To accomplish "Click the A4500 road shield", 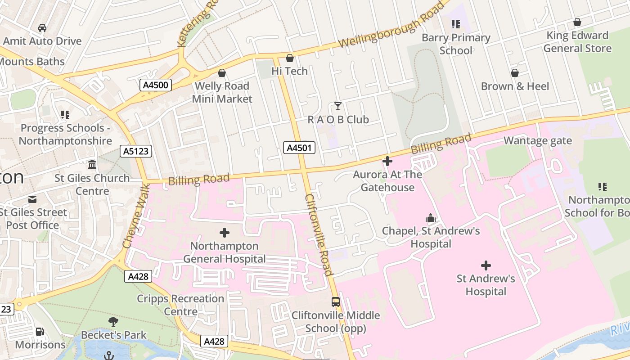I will pos(155,85).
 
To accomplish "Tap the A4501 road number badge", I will pos(299,148).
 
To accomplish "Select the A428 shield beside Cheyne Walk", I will pos(138,276).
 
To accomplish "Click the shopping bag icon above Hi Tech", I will pos(290,58).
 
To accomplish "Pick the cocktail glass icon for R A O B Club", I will pos(337,106).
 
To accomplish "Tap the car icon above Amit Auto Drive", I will pos(42,28).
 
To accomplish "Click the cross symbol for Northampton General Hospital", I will pos(224,233).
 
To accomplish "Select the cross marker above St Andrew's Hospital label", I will pos(486,265).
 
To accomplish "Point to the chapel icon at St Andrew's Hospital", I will pos(431,218).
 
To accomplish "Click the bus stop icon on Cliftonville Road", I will pos(335,302).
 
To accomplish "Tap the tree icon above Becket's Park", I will pos(113,322).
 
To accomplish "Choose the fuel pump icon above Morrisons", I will pos(40,332).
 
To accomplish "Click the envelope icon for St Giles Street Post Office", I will pos(32,199).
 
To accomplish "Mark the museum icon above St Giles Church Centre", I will pos(92,165).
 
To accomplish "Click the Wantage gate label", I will pos(537,141).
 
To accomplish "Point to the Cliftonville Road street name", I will pos(319,234).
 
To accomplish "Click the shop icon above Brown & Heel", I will pos(515,73).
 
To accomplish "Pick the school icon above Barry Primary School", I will pos(456,24).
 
